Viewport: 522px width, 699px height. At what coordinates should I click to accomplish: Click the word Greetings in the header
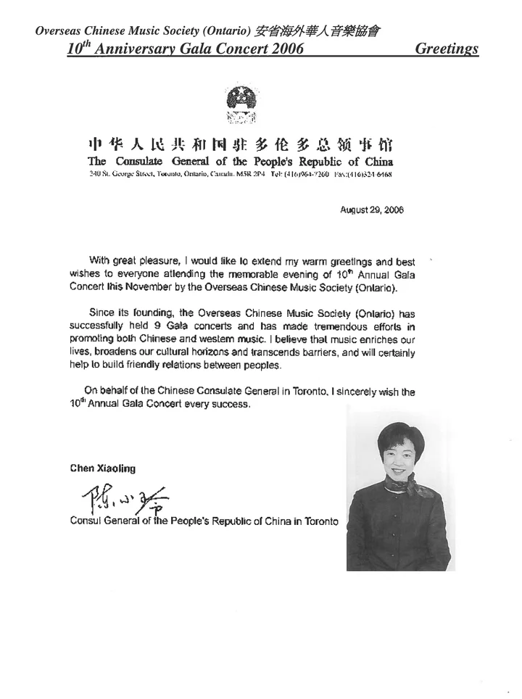pos(447,49)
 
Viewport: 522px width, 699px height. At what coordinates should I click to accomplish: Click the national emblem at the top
pos(241,102)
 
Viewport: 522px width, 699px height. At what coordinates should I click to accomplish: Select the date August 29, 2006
pos(372,210)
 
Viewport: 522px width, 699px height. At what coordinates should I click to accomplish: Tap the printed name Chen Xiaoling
pos(102,468)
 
